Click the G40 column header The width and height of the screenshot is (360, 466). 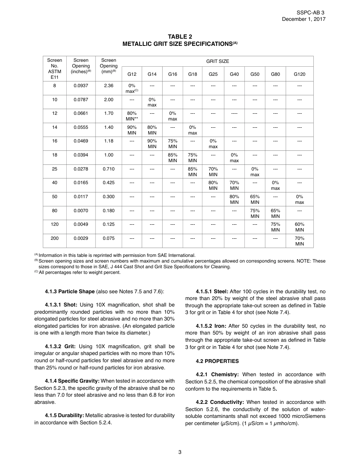click(234, 74)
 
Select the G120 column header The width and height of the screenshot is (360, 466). click(299, 74)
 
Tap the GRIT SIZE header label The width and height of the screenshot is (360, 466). click(218, 61)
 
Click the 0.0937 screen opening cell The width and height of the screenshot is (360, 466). click(81, 86)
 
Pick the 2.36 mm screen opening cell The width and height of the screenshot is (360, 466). click(109, 86)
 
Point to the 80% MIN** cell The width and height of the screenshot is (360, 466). click(131, 116)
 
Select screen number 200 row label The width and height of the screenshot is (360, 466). click(55, 238)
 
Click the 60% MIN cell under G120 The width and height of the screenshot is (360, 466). click(299, 227)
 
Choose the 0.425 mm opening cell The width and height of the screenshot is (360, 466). click(109, 183)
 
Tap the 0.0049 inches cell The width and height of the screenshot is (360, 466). click(81, 224)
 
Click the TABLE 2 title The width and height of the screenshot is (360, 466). click(180, 37)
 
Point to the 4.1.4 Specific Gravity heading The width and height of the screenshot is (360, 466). click(72, 381)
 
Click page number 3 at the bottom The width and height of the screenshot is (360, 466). click(180, 452)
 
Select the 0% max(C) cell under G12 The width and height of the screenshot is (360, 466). click(131, 89)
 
